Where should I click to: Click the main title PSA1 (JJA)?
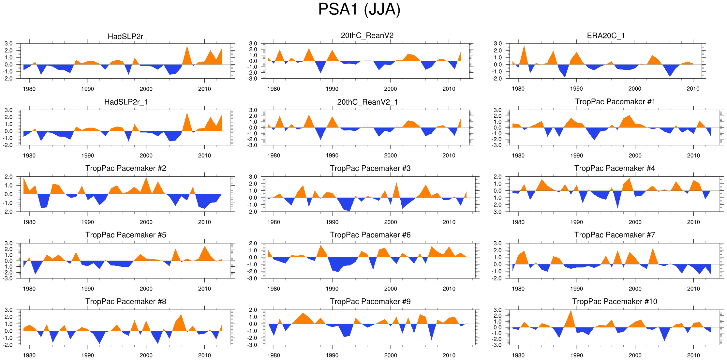[x=359, y=9]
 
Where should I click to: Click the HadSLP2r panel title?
[x=125, y=37]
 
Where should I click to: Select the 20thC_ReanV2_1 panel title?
[x=367, y=102]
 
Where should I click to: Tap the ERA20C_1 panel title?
[x=606, y=36]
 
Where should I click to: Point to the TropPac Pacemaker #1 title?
[x=615, y=102]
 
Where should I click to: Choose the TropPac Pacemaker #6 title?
[x=370, y=235]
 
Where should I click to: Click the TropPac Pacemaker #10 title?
[x=615, y=301]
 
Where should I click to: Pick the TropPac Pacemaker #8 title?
[x=126, y=301]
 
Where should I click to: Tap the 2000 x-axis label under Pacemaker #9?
[x=390, y=355]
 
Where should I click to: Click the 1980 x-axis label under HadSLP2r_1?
[x=29, y=156]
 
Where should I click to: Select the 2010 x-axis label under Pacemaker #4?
[x=693, y=222]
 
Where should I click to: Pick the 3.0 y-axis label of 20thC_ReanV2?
[x=253, y=44]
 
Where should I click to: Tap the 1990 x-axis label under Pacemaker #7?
[x=576, y=289]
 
